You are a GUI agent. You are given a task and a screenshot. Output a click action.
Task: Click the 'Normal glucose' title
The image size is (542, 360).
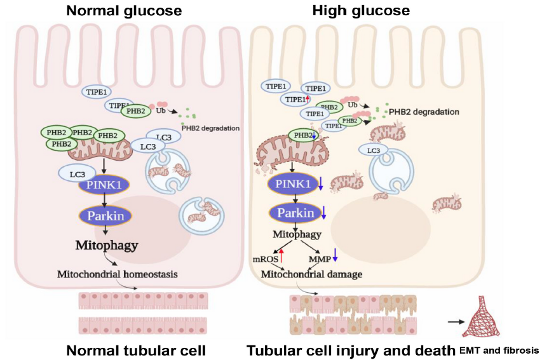(x=124, y=11)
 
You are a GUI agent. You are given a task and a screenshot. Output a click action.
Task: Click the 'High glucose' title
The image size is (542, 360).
(x=361, y=11)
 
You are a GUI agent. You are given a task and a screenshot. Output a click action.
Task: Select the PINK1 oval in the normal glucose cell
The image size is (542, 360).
(x=104, y=185)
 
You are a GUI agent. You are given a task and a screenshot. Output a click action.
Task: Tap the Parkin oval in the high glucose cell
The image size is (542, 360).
(x=295, y=213)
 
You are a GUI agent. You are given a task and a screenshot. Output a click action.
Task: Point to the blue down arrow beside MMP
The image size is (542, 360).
(x=335, y=255)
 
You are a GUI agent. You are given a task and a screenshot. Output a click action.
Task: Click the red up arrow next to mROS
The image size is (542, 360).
(x=281, y=256)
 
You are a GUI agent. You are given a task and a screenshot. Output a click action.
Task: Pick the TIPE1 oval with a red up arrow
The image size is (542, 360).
(x=295, y=100)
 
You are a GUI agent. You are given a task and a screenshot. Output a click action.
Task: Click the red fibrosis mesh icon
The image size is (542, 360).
(x=480, y=316)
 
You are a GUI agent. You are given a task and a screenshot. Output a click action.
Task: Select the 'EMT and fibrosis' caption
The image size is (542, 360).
(x=499, y=350)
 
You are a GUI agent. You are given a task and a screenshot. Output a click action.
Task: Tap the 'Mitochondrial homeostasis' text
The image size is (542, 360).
(x=117, y=274)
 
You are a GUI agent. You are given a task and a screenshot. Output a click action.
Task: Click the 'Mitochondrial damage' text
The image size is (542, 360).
(x=311, y=274)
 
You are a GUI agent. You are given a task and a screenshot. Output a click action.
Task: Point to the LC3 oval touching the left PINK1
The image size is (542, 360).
(x=77, y=174)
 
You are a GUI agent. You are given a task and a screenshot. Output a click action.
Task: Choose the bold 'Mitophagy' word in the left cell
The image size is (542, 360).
(x=107, y=245)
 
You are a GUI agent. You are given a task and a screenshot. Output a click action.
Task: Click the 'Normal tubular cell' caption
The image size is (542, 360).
(x=136, y=350)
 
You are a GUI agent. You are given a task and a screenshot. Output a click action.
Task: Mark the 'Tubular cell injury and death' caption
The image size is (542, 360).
(x=351, y=350)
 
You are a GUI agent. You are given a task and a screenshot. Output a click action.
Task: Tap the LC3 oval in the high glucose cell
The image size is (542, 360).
(x=374, y=150)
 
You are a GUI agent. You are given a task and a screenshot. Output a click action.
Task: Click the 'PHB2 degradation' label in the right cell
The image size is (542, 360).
(x=424, y=112)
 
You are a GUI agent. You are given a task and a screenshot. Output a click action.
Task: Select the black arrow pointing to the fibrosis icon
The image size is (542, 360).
(x=456, y=322)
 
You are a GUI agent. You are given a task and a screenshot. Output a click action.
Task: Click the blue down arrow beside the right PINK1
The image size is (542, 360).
(x=320, y=183)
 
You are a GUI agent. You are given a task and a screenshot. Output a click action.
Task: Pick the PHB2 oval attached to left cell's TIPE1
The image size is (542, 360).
(x=135, y=111)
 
